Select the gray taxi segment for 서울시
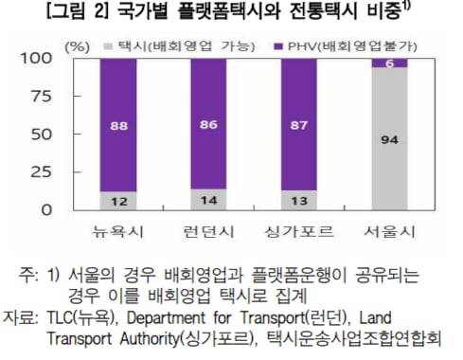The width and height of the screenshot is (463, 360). pyautogui.click(x=389, y=142)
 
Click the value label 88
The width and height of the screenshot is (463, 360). pyautogui.click(x=117, y=125)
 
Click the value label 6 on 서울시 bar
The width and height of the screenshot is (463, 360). pyautogui.click(x=389, y=63)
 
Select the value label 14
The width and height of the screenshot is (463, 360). pyautogui.click(x=207, y=200)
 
